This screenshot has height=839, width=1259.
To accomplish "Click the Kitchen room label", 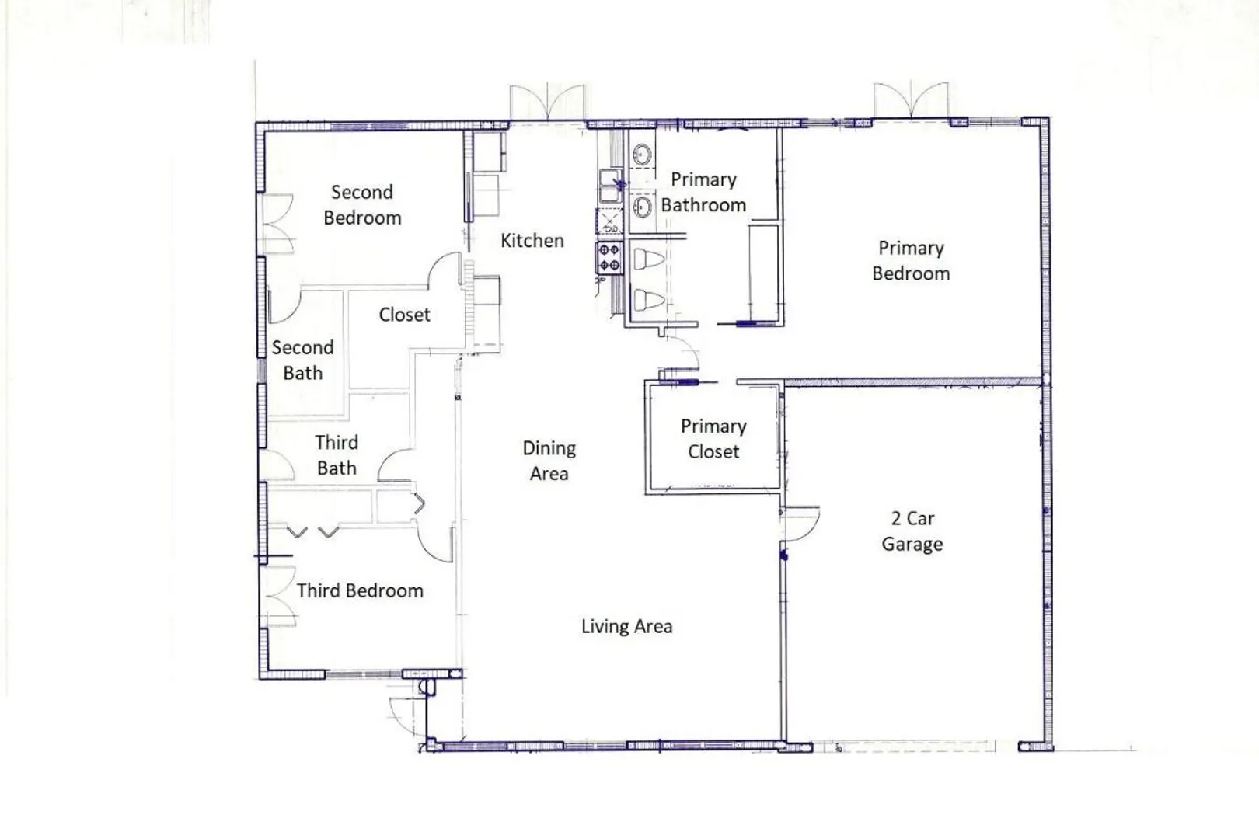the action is click(532, 241).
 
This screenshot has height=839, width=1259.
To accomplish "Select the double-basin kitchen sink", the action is click(611, 186).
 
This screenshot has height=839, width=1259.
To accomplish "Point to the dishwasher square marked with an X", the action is click(609, 221).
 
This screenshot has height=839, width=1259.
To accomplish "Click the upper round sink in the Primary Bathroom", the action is click(642, 153).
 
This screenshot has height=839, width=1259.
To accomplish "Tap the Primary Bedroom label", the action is click(911, 261).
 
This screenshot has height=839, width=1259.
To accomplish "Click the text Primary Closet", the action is click(713, 439).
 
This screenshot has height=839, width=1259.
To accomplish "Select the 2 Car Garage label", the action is click(912, 531).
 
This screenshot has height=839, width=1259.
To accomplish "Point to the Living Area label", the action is click(626, 627).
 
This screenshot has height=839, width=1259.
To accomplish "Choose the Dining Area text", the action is click(549, 461).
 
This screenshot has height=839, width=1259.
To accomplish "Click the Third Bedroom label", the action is click(360, 590).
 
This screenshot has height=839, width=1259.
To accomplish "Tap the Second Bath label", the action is click(302, 360).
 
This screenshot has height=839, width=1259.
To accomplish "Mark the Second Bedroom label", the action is click(362, 205).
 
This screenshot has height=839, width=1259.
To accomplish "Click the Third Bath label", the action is click(336, 455).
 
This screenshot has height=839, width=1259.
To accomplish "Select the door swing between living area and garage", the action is click(801, 524).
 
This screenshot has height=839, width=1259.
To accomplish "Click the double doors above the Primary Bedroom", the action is click(911, 100).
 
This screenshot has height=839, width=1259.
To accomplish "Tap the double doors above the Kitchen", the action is click(547, 102).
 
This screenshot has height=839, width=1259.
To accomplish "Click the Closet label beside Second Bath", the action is click(404, 315).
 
